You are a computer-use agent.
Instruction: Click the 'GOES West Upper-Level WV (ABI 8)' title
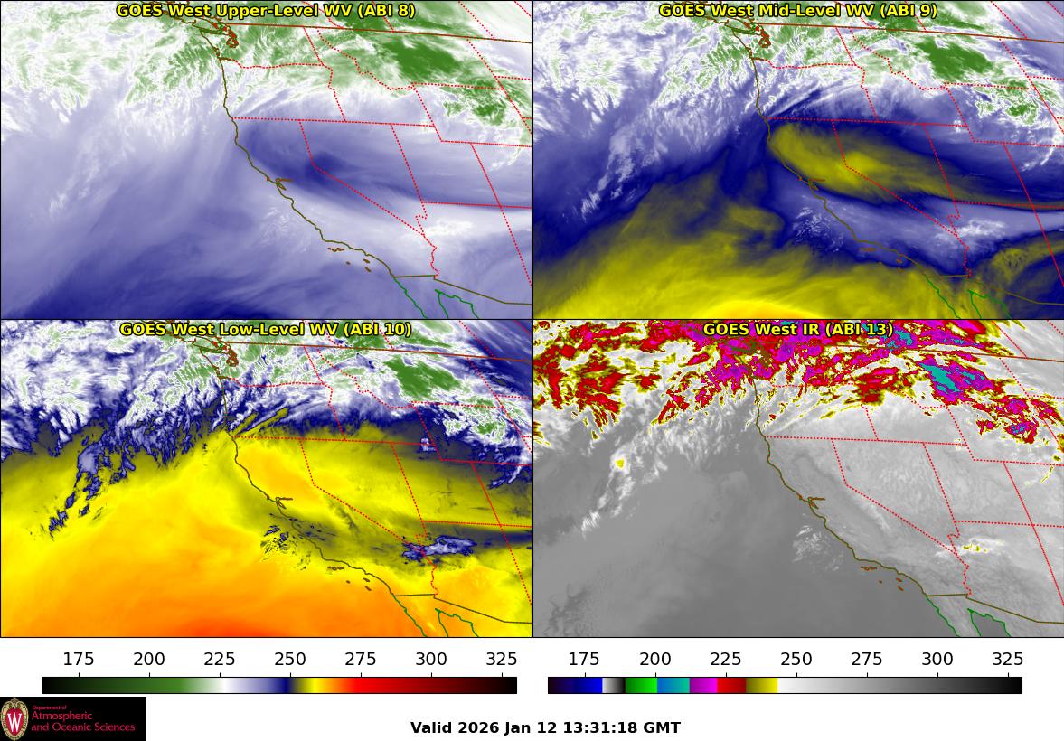click(265, 11)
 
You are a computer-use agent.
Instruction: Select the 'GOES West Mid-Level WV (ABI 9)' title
click(797, 11)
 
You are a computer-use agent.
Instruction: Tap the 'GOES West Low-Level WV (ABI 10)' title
click(265, 330)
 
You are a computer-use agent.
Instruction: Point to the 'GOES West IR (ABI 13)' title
click(797, 330)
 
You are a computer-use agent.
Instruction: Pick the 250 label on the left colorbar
click(290, 660)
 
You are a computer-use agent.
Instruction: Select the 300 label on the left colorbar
click(431, 660)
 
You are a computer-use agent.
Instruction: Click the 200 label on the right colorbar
click(655, 660)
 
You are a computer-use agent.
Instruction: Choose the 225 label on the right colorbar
click(726, 660)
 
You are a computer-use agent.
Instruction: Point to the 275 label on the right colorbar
click(867, 660)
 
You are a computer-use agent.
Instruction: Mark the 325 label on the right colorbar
click(1008, 660)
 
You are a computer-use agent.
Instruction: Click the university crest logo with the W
click(14, 719)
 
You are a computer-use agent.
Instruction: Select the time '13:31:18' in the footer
click(606, 728)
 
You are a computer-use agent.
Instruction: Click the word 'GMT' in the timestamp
click(663, 728)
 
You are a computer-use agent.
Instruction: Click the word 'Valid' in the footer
click(432, 728)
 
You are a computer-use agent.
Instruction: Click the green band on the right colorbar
click(640, 686)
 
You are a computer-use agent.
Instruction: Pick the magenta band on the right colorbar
click(702, 686)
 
